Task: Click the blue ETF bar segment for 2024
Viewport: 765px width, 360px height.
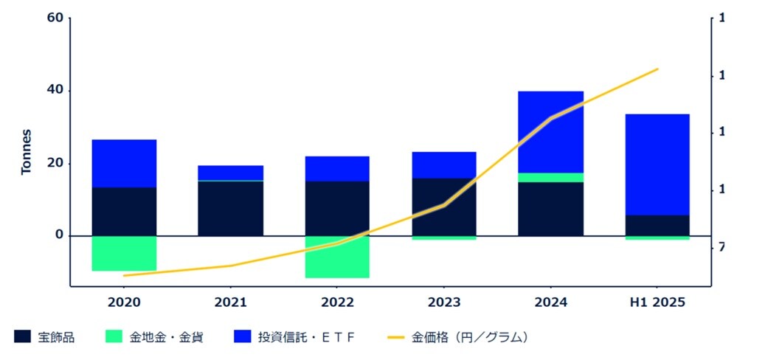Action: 550,131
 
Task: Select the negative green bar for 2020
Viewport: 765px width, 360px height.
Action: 124,253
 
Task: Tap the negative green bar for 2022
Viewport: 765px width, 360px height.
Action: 337,257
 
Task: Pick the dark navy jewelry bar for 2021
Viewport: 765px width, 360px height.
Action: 230,208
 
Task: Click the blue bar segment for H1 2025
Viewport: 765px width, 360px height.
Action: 657,164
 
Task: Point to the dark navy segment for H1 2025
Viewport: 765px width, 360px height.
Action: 657,225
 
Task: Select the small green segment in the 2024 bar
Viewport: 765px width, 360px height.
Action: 550,177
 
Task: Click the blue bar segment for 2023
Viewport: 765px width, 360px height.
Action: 443,165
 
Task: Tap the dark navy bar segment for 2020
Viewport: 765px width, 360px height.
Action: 124,211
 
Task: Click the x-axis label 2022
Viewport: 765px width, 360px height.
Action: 337,302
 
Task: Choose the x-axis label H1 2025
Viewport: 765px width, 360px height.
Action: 657,302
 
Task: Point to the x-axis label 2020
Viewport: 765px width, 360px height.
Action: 124,302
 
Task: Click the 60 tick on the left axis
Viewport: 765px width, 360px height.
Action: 55,18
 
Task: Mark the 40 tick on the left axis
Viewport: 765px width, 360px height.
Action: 55,91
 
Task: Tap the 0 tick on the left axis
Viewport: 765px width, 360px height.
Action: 59,235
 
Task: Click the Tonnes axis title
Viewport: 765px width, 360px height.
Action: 27,151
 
